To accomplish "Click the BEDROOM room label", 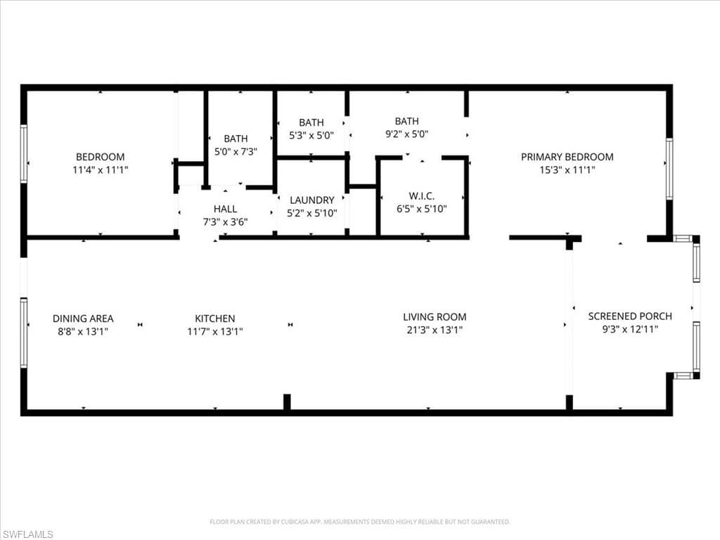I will coord(101,157).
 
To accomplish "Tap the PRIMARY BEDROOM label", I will coord(567,157).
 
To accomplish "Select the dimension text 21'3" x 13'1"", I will coord(434,330).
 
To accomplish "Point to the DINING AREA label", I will coord(83,319).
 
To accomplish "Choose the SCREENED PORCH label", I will coord(630,316).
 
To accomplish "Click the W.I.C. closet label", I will coord(421,195).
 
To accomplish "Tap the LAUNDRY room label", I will coord(311,200).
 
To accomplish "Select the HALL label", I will coord(225,209).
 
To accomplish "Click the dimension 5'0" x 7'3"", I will coord(236,151).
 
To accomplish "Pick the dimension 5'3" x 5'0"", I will coord(311,135).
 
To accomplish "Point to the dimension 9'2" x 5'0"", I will coord(406,134).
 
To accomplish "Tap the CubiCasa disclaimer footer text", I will coord(359,522).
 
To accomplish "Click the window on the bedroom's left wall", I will coord(24,154).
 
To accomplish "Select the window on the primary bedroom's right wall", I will coord(669,169).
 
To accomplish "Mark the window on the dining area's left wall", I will coord(24,333).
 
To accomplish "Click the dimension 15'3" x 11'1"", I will coord(567,169).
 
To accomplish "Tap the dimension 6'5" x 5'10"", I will coord(421,208).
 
